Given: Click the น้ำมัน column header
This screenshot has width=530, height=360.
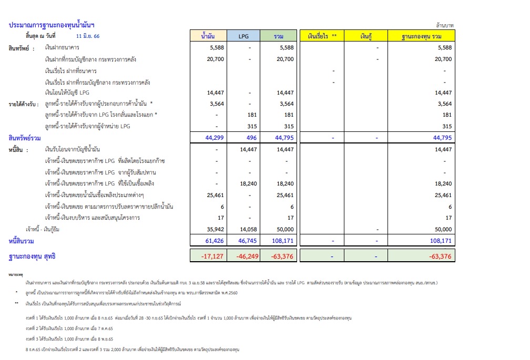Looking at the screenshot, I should [x=208, y=36].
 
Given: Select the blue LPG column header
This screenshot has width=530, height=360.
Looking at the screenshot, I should [x=243, y=36].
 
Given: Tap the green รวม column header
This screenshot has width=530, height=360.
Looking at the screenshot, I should [x=278, y=36].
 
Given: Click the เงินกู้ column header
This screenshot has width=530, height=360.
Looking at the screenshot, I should [x=370, y=36].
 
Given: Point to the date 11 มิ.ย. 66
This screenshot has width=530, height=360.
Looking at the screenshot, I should [x=87, y=36].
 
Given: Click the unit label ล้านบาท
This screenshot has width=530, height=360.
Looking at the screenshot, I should [x=445, y=25].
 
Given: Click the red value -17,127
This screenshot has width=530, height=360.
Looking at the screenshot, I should [x=213, y=256].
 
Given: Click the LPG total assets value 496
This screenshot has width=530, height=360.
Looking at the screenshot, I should [x=251, y=138].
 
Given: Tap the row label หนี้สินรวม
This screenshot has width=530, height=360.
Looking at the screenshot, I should [x=22, y=241].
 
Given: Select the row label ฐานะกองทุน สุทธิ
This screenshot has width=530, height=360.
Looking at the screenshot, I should [x=32, y=256].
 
